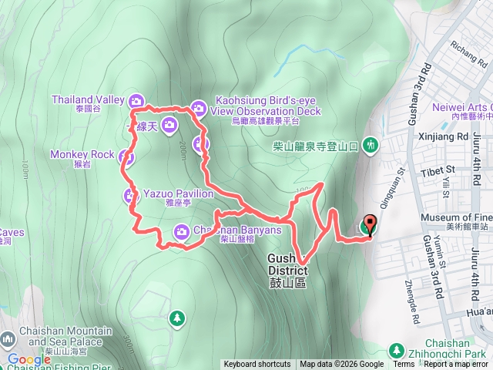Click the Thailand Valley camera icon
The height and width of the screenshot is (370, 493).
(136, 100)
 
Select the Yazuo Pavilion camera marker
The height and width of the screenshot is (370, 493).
(131, 194)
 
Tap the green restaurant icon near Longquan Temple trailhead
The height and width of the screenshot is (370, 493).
(371, 144)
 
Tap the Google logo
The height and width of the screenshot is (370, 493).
(29, 359)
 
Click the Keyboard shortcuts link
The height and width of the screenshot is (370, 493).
(257, 365)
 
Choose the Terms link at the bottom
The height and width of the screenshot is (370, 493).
(404, 365)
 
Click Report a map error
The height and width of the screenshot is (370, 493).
(458, 365)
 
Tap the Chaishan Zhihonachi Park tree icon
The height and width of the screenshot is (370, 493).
(397, 348)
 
